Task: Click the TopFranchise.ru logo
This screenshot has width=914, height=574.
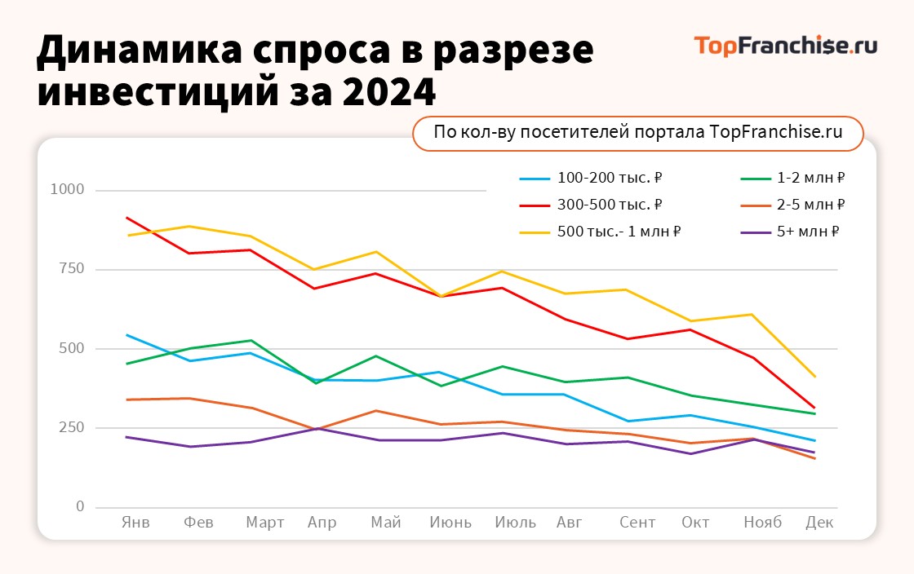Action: point(785,46)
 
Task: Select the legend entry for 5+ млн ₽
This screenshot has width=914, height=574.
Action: point(789,232)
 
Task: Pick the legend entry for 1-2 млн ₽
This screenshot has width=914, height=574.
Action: point(792,178)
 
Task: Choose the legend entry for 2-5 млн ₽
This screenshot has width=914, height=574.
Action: point(792,205)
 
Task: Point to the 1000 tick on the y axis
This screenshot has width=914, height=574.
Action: point(69,190)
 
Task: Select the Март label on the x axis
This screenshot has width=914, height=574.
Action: point(265,523)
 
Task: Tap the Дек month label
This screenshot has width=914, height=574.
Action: point(819,523)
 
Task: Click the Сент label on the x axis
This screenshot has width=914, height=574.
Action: point(637,523)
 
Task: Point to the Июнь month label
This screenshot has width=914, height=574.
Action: point(450,523)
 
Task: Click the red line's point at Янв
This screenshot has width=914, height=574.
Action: point(126,218)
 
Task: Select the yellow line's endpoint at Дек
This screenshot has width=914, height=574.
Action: point(814,377)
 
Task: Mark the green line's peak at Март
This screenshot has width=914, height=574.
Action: point(251,340)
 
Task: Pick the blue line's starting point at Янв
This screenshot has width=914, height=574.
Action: point(126,334)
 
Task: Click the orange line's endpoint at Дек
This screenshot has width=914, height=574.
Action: point(814,458)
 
